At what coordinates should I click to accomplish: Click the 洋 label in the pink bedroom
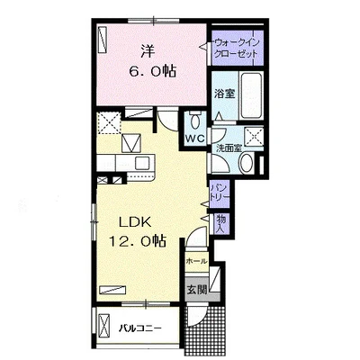(148, 52)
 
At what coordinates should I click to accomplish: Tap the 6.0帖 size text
(152, 71)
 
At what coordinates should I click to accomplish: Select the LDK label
(135, 222)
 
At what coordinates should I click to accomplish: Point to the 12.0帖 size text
(138, 240)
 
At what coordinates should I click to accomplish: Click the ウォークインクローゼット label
(236, 48)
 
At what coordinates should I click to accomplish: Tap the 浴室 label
(224, 94)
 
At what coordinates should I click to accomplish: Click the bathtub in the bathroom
(251, 95)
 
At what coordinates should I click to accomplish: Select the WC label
(194, 139)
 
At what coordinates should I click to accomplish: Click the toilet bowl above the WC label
(196, 121)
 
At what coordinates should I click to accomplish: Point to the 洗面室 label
(229, 148)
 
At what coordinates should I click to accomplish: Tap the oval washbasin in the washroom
(247, 163)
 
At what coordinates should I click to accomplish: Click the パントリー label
(220, 193)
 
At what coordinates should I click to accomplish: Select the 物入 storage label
(221, 224)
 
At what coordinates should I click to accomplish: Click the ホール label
(196, 261)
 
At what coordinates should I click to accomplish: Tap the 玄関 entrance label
(197, 290)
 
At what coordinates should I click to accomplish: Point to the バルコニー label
(140, 328)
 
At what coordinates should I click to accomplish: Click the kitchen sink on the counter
(140, 164)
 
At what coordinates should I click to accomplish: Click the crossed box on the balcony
(104, 325)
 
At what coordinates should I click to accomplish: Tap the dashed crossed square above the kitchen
(109, 122)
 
